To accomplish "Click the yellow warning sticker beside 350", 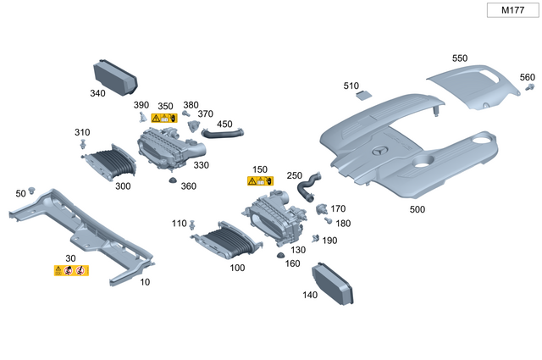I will [x=163, y=119].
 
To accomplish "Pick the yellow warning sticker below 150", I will [x=260, y=181].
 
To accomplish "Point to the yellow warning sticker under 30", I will [x=71, y=270].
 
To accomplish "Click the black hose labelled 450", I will [x=220, y=132].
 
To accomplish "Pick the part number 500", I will [x=417, y=209].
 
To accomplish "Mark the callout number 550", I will [x=459, y=58].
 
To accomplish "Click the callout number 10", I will [x=145, y=281].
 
